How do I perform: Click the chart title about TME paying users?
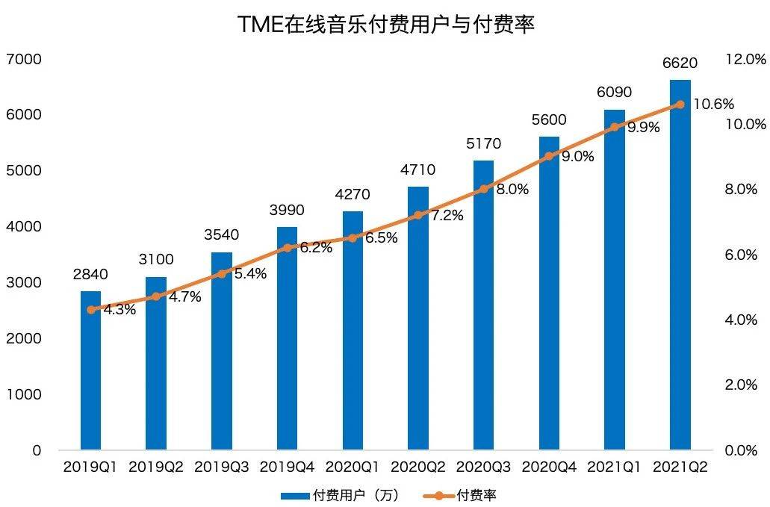(385, 24)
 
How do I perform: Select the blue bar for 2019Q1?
(90, 370)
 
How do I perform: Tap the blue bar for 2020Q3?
(484, 305)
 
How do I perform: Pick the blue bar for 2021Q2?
(680, 265)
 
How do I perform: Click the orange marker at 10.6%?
(680, 105)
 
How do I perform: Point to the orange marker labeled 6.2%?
(288, 248)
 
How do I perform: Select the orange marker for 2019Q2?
(156, 296)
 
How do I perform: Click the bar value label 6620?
(680, 63)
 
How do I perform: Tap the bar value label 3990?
(288, 210)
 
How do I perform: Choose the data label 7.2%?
(447, 215)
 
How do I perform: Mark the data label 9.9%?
(644, 127)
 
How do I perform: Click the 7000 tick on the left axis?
(24, 60)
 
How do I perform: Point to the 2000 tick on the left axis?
(24, 339)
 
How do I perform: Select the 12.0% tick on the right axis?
(746, 60)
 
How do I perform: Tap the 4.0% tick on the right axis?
(741, 320)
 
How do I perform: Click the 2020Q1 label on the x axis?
(353, 467)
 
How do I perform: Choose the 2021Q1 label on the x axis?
(615, 467)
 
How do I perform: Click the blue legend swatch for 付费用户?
(295, 497)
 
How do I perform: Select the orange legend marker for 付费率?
(438, 497)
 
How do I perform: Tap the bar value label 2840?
(90, 274)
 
